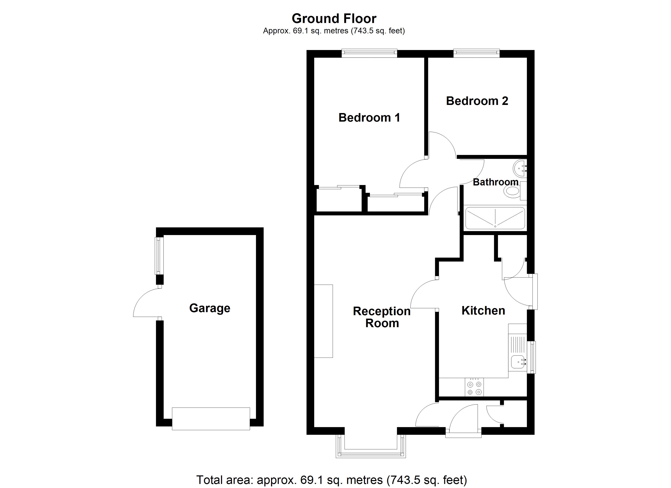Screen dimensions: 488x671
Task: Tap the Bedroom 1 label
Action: pyautogui.click(x=369, y=118)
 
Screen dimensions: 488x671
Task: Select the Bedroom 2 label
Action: pyautogui.click(x=477, y=101)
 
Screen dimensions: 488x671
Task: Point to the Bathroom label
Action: pyautogui.click(x=495, y=182)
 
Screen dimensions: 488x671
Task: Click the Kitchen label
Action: pyautogui.click(x=483, y=310)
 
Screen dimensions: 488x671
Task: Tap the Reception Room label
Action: pyautogui.click(x=382, y=317)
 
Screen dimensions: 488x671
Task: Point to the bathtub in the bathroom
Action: pyautogui.click(x=495, y=218)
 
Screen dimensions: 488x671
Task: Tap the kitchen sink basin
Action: pyautogui.click(x=517, y=362)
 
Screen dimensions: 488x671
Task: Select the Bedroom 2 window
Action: pyautogui.click(x=476, y=53)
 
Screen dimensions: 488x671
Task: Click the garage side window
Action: pyautogui.click(x=159, y=256)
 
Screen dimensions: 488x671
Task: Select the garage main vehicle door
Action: pyautogui.click(x=211, y=418)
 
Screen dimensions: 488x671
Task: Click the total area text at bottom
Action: pyautogui.click(x=331, y=480)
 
